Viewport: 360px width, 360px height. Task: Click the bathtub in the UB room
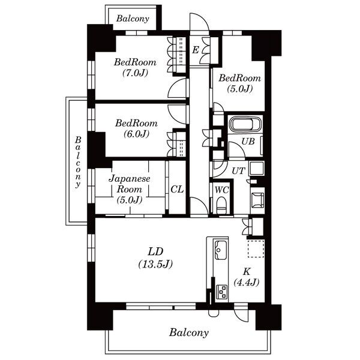(245, 124)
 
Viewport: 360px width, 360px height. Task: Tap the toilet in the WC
(221, 205)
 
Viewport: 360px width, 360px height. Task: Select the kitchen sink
(220, 250)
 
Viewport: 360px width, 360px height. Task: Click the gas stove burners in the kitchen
(222, 292)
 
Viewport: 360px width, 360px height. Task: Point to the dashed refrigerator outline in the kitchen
(256, 248)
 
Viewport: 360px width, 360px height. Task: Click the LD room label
(155, 251)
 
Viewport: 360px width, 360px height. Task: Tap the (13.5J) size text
(155, 264)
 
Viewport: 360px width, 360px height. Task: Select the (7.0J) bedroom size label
(135, 73)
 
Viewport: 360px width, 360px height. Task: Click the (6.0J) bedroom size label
(136, 134)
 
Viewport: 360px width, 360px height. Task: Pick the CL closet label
(177, 189)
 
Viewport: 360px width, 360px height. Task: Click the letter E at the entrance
(196, 50)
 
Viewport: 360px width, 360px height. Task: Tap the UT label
(238, 171)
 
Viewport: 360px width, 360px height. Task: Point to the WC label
(221, 190)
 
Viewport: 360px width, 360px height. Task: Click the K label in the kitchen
(247, 272)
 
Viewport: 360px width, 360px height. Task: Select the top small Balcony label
(133, 19)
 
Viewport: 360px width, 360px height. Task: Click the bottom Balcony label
(189, 332)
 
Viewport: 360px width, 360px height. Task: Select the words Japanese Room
(130, 184)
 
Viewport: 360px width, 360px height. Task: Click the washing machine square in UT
(257, 169)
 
